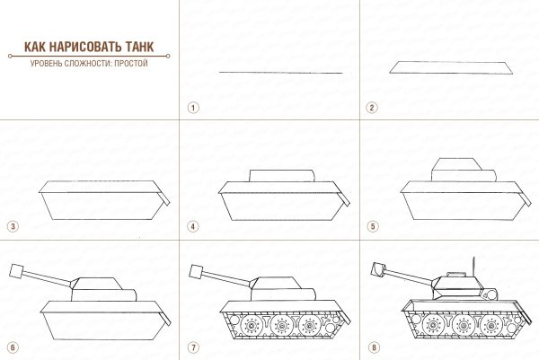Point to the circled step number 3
(x=12, y=227)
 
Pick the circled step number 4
(x=192, y=227)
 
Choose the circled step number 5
(x=371, y=227)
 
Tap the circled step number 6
(x=12, y=347)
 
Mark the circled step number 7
(x=192, y=347)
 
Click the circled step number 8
(x=371, y=347)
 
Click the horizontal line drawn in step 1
(x=280, y=72)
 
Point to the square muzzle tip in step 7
(x=198, y=269)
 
